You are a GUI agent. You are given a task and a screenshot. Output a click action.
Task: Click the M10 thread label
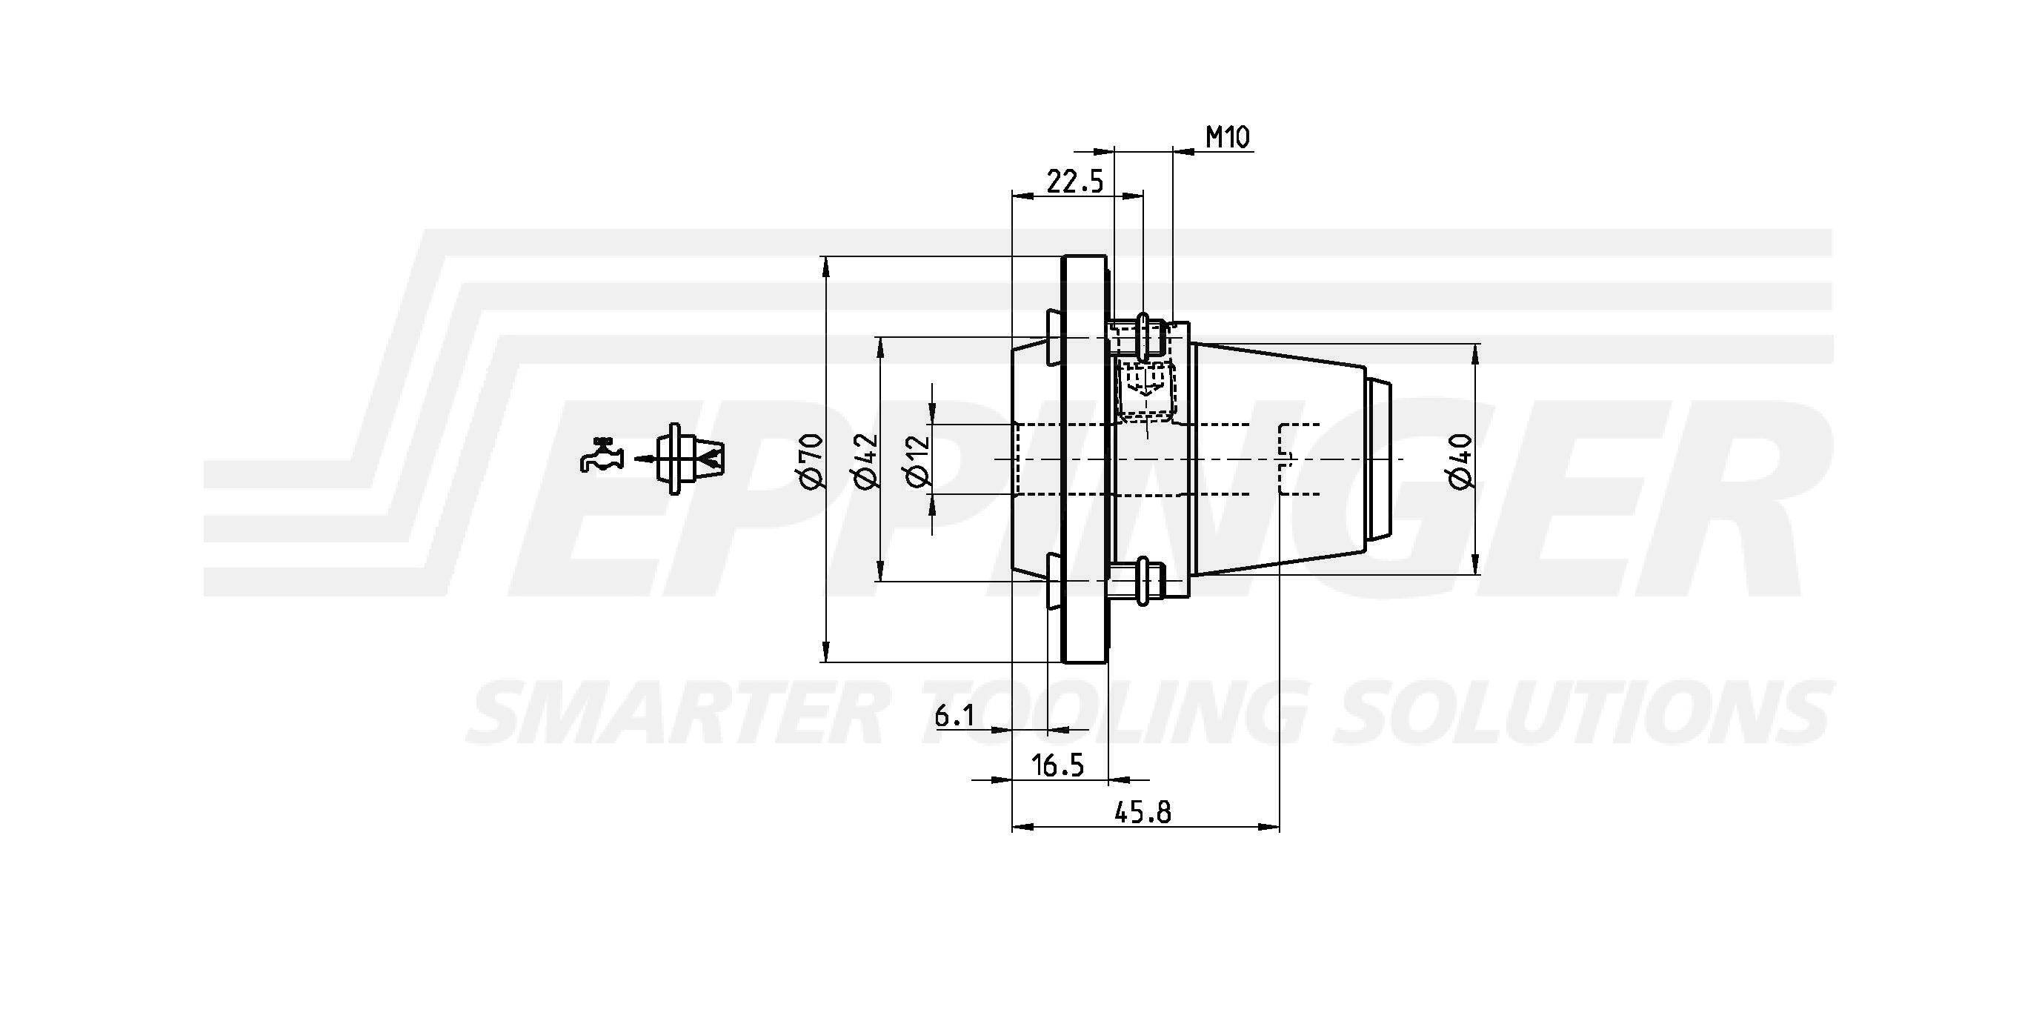(x=1228, y=138)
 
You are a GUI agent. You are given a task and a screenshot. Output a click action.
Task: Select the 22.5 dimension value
(x=1075, y=182)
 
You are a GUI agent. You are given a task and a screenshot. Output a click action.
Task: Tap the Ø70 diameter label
(x=814, y=461)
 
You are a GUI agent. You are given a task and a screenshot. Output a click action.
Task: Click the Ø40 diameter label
(x=1460, y=461)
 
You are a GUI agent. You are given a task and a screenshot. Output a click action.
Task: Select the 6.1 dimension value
(x=954, y=716)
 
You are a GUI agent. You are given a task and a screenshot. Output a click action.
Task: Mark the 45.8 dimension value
(x=1143, y=813)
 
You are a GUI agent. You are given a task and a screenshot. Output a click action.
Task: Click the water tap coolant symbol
(x=602, y=455)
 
